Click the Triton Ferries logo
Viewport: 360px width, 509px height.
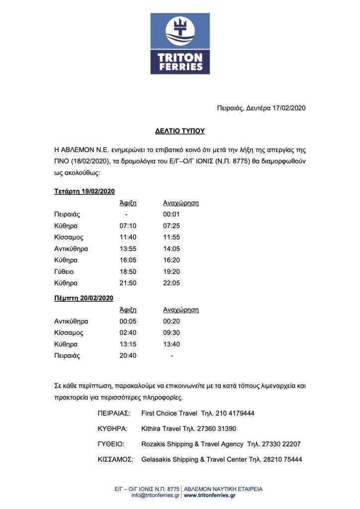pos(180,44)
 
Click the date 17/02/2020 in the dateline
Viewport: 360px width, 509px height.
pos(291,108)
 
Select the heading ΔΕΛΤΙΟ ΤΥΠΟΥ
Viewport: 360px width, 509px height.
pos(180,131)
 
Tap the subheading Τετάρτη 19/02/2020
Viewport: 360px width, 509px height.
pos(85,191)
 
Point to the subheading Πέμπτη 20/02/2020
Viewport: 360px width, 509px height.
pos(84,298)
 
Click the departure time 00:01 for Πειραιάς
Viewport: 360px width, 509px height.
pos(171,214)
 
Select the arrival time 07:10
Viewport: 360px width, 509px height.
pos(127,226)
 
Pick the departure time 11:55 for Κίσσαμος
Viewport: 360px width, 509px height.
pos(171,237)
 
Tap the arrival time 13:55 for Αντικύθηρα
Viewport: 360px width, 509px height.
pos(127,249)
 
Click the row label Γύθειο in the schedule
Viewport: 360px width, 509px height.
pos(65,271)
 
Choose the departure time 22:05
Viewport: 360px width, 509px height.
pos(171,283)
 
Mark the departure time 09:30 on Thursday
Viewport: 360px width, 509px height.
pos(171,333)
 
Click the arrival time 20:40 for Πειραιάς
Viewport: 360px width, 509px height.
pos(127,355)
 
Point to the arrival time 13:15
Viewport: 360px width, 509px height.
pos(127,344)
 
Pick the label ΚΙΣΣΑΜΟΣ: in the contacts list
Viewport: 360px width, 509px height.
pos(115,459)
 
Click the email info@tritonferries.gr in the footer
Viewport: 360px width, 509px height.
pos(156,496)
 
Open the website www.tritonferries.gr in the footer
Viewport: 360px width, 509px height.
pos(209,496)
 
